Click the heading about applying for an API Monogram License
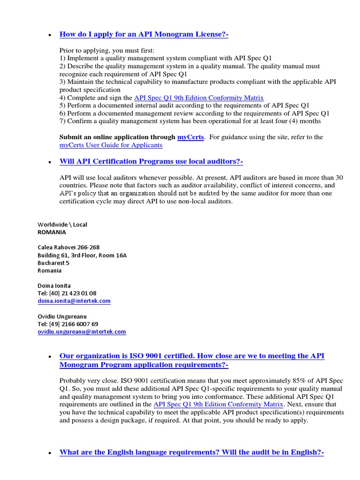click(137, 34)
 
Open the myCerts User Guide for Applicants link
click(111, 145)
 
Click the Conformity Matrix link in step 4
click(199, 97)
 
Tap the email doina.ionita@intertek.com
click(74, 301)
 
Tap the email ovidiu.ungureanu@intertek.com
click(82, 331)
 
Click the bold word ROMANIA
click(52, 232)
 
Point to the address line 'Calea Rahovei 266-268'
click(68, 247)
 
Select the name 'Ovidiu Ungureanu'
click(62, 316)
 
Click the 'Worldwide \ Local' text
click(62, 225)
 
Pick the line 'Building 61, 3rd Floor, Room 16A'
click(82, 255)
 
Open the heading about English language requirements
click(192, 452)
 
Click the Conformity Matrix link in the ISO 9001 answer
click(218, 404)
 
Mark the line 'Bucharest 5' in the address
click(53, 263)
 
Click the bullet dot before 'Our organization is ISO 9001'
click(50, 357)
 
